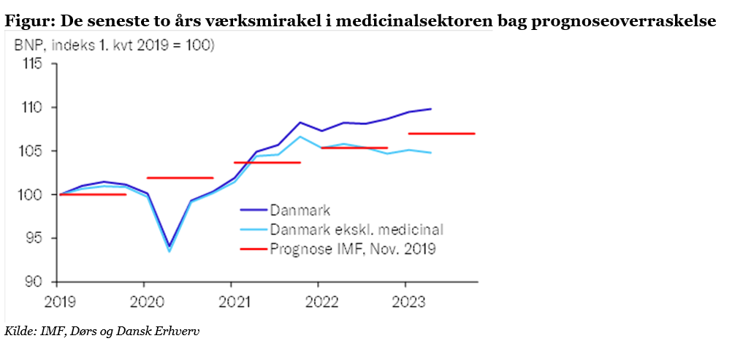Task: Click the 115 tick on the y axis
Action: [32, 64]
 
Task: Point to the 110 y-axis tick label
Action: [32, 107]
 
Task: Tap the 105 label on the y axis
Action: [32, 151]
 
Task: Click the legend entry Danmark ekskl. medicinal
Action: [356, 229]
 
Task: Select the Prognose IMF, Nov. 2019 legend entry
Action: [352, 249]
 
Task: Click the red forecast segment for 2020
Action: [180, 177]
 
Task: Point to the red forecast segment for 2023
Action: [441, 134]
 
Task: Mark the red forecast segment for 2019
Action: [93, 194]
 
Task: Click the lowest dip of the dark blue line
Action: [169, 246]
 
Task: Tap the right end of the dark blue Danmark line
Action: [430, 109]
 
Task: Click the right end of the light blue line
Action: [430, 153]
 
